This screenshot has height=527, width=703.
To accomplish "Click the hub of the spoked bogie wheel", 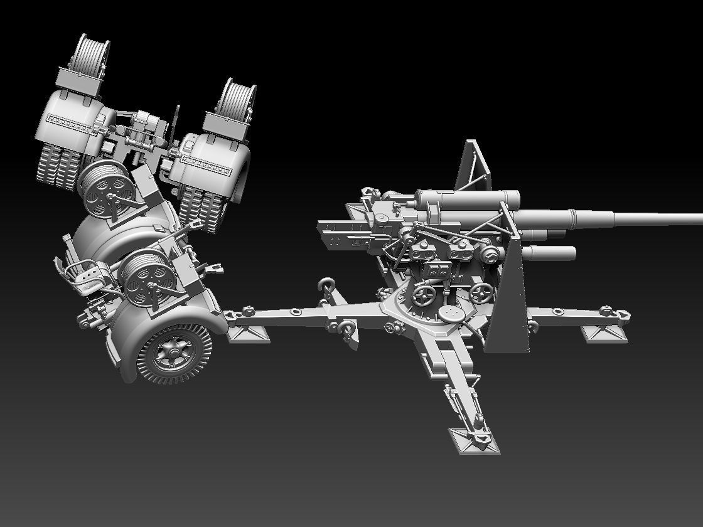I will [171, 354].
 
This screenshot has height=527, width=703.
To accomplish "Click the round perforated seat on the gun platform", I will [449, 312].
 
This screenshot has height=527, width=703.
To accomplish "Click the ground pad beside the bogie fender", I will [248, 333].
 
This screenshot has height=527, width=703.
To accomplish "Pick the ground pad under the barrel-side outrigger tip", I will [604, 333].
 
